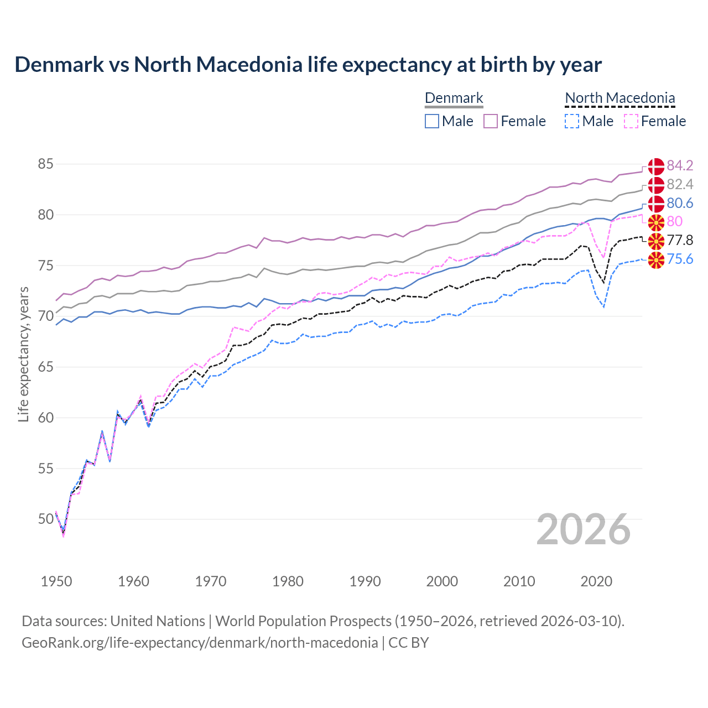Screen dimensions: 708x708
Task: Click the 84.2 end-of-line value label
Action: coord(680,165)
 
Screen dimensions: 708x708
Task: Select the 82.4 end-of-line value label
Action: coord(680,184)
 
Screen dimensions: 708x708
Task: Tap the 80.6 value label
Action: coord(680,203)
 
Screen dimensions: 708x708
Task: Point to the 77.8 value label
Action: coord(680,240)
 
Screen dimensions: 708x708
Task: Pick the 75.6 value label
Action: coord(680,259)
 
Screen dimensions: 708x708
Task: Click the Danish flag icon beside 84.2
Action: coord(656,166)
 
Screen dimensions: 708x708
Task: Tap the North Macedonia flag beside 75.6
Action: coord(656,259)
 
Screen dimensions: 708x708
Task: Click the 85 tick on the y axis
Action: coord(46,164)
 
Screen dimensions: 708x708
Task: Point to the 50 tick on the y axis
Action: coord(46,519)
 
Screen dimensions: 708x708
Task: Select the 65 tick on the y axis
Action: coord(46,367)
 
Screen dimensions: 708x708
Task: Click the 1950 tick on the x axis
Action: coord(56,581)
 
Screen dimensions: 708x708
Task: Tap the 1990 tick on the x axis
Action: coord(365,581)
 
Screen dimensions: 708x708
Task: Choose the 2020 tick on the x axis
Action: coord(596,581)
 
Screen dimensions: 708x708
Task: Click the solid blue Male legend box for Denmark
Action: coord(432,121)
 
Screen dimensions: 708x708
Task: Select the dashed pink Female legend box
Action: coord(631,121)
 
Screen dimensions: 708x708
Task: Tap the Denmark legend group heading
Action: coord(454,98)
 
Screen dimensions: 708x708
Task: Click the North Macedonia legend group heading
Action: coord(620,98)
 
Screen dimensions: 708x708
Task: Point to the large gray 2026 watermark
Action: coord(584,529)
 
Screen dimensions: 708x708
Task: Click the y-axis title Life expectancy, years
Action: coord(23,355)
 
